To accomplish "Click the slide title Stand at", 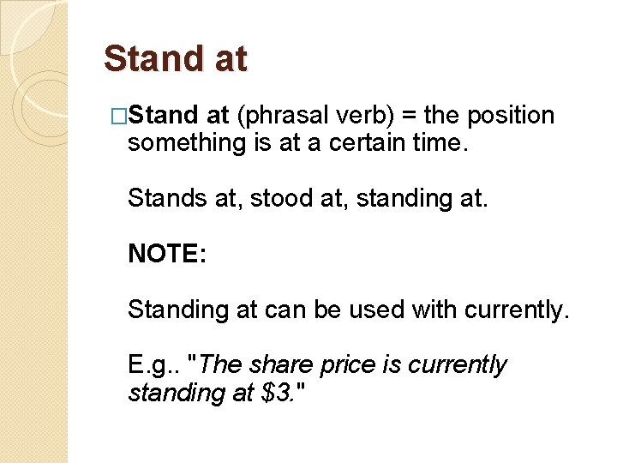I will click(x=175, y=59).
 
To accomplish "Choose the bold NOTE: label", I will click(x=166, y=254).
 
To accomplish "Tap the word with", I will click(x=435, y=310).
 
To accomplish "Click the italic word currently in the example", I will click(x=457, y=365).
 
